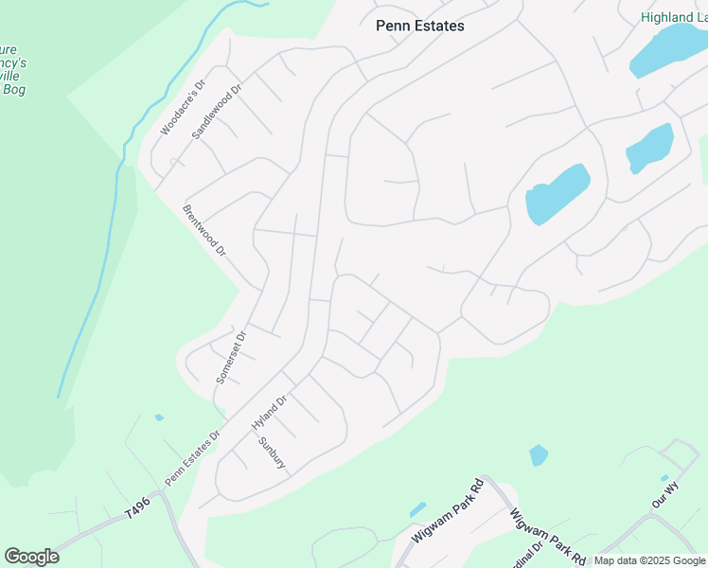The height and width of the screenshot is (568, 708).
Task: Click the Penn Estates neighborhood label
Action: pos(419,26)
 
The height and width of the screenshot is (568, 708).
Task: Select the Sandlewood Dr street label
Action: pos(217,111)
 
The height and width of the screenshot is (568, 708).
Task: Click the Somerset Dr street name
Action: pos(231,356)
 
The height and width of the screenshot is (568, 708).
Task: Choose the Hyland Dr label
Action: pos(269,414)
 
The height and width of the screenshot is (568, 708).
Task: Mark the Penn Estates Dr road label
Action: pos(193,457)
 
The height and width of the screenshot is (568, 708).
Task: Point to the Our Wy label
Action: pos(665,500)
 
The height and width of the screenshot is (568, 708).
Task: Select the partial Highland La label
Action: pos(673,17)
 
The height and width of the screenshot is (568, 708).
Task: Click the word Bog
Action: pos(13,90)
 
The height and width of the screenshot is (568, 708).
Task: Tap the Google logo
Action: pos(31,557)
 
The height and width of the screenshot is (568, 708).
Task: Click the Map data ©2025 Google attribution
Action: pos(649,560)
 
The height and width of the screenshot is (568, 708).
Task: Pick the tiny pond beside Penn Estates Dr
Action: pos(159,417)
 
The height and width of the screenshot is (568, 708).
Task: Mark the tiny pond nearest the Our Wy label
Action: pos(664,478)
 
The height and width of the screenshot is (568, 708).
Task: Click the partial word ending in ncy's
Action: pos(13,63)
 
